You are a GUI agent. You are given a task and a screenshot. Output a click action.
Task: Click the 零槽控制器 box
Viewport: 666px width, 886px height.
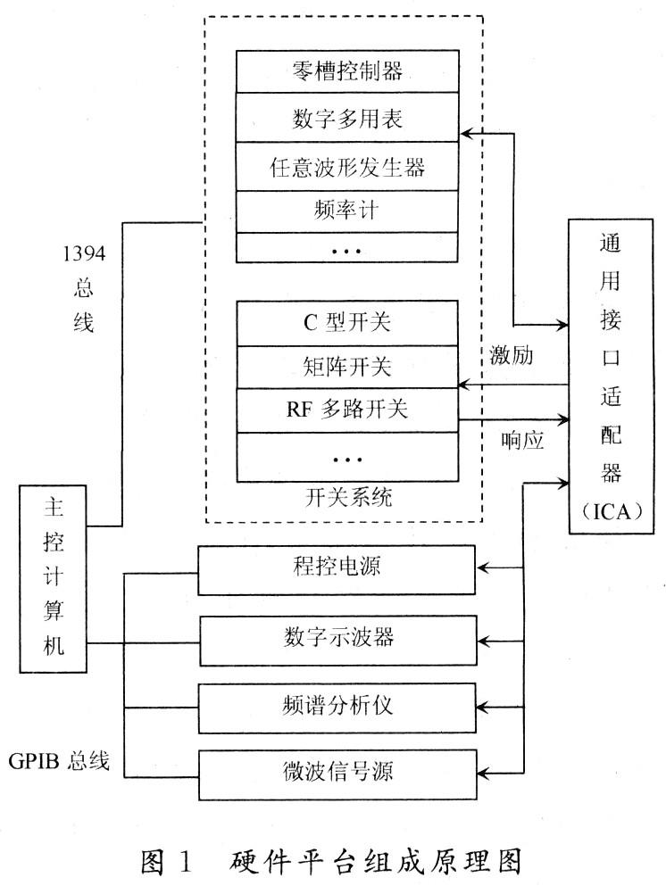pyautogui.click(x=346, y=71)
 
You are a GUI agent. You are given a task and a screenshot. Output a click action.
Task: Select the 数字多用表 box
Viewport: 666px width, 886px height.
pyautogui.click(x=346, y=118)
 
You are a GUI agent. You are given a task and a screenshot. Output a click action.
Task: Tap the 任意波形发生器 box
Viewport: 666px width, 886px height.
pyautogui.click(x=346, y=167)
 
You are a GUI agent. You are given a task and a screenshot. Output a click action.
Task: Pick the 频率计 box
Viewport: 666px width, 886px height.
pyautogui.click(x=346, y=211)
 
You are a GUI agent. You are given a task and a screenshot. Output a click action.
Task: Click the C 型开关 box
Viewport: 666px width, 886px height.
pyautogui.click(x=346, y=323)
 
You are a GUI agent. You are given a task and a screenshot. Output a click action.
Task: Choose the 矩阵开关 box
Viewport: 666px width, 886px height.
pyautogui.click(x=346, y=367)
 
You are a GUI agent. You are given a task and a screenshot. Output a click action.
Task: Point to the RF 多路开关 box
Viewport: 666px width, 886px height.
pyautogui.click(x=346, y=410)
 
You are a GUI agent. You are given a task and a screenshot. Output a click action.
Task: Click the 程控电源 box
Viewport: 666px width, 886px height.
pyautogui.click(x=337, y=569)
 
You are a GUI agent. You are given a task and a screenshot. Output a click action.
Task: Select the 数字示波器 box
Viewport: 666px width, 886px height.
pyautogui.click(x=338, y=641)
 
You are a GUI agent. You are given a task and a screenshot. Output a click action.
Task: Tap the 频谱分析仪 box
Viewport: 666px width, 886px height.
pyautogui.click(x=337, y=708)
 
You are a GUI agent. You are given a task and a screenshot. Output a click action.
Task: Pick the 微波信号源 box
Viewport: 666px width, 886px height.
pyautogui.click(x=337, y=774)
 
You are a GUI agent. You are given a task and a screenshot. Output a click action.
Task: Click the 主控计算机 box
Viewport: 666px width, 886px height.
pyautogui.click(x=54, y=578)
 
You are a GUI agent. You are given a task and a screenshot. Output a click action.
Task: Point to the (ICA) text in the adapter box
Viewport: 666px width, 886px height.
pyautogui.click(x=612, y=511)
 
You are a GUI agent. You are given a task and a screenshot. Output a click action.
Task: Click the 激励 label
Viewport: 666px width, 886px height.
pyautogui.click(x=511, y=355)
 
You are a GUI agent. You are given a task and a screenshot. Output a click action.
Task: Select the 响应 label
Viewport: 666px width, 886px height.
pyautogui.click(x=522, y=440)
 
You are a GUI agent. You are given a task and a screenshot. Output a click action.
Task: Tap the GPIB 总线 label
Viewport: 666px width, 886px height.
pyautogui.click(x=59, y=760)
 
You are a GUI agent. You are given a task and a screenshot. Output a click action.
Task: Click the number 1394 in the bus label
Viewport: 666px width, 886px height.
pyautogui.click(x=84, y=253)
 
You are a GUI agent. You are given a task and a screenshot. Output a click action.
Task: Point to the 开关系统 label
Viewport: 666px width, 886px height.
pyautogui.click(x=348, y=497)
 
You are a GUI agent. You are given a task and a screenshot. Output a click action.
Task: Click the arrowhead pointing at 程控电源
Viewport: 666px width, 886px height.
pyautogui.click(x=482, y=567)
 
